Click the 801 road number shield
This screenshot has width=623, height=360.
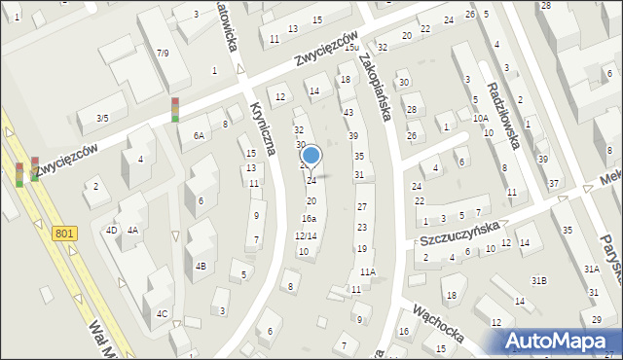pyautogui.click(x=64, y=234)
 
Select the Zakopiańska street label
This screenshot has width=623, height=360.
pyautogui.click(x=375, y=86)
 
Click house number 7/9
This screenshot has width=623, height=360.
pyautogui.click(x=163, y=54)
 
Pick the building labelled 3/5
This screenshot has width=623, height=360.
pyautogui.click(x=102, y=119)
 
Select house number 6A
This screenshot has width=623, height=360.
pyautogui.click(x=199, y=136)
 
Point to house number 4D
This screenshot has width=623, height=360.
pyautogui.click(x=111, y=231)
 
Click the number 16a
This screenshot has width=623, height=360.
pyautogui.click(x=308, y=219)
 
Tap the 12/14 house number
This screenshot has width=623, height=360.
pyautogui.click(x=306, y=236)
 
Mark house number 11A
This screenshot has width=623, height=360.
pyautogui.click(x=367, y=272)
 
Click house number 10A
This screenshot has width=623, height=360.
pyautogui.click(x=481, y=119)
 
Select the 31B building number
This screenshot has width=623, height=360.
pyautogui.click(x=538, y=280)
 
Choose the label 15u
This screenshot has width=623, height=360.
pyautogui.click(x=351, y=47)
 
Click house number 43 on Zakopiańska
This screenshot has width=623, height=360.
pyautogui.click(x=348, y=113)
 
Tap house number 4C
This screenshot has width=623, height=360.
pyautogui.click(x=163, y=313)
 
